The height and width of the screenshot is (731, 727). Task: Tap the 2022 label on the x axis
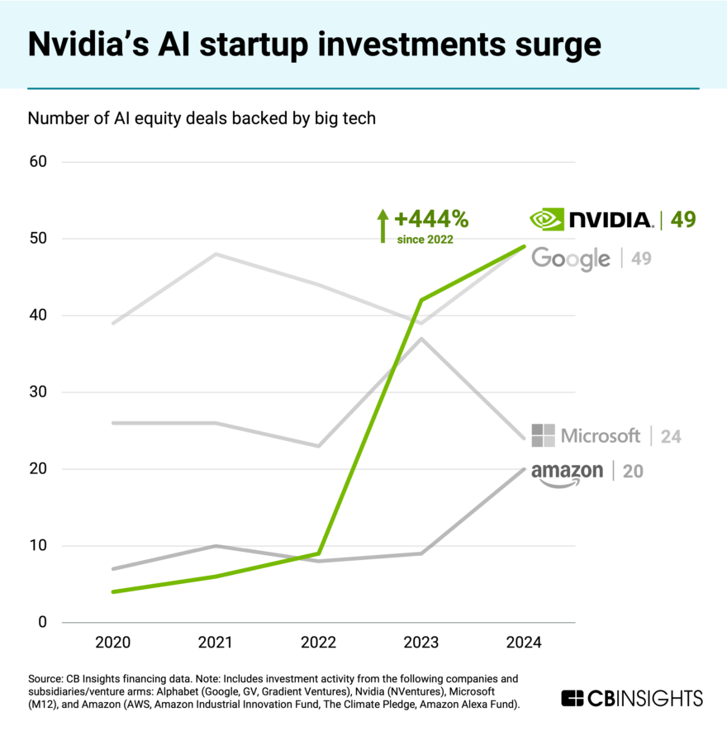[x=319, y=642]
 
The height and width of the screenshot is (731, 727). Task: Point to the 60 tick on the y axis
[x=38, y=162]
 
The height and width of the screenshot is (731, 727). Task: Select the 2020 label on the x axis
[x=112, y=642]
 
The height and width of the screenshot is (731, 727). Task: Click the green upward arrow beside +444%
[x=382, y=225]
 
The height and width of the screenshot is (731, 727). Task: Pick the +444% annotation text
[x=431, y=219]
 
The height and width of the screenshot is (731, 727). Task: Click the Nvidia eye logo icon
[x=547, y=219]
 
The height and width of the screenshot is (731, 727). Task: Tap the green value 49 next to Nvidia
[x=682, y=219]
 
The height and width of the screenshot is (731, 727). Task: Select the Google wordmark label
[x=571, y=259]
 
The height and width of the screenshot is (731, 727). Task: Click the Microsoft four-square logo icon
[x=543, y=435]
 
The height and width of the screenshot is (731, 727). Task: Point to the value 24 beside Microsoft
[x=670, y=436]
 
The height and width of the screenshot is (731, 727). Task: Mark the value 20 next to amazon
[x=633, y=472]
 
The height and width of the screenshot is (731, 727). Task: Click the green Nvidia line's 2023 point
[x=422, y=300]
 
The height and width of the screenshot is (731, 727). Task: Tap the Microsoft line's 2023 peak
[x=422, y=338]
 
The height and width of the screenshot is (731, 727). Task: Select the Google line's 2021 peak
[x=216, y=254]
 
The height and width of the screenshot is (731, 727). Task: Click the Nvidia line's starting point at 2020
[x=112, y=591]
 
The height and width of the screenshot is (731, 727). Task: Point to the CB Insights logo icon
[x=573, y=698]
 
